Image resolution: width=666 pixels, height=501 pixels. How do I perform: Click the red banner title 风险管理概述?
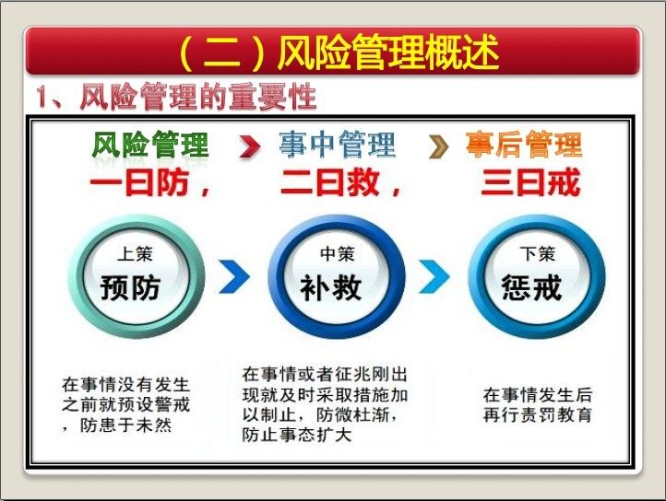coord(388,52)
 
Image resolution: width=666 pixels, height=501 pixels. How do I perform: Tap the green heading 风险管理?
coord(150,145)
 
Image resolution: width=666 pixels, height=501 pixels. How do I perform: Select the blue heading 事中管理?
coord(338,145)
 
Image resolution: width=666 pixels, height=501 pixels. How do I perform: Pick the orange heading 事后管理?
coord(523,145)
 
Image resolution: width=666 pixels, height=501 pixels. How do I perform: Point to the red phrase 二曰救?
coord(329,182)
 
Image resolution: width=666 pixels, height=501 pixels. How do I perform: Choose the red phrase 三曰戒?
coord(530,182)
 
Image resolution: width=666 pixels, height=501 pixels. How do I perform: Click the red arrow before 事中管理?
coord(250,146)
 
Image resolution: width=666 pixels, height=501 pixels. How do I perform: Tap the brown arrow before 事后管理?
coord(439,146)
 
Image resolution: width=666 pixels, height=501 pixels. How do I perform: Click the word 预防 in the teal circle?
coord(130,288)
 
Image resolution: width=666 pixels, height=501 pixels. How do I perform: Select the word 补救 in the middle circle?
coord(330,288)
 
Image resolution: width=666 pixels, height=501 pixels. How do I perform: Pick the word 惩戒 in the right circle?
coord(531,288)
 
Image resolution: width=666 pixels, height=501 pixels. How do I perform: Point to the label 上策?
coord(135,254)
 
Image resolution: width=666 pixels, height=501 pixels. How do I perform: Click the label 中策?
coord(338,254)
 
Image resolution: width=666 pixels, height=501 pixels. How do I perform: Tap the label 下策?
coord(537,254)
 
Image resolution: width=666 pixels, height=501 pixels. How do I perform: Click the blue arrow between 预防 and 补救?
coord(234,276)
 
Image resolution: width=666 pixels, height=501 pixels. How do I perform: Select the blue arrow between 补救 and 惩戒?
coord(434,276)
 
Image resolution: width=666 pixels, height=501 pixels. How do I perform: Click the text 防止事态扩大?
coord(297,435)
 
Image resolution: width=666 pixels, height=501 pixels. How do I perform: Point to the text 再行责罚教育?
coord(537,414)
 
